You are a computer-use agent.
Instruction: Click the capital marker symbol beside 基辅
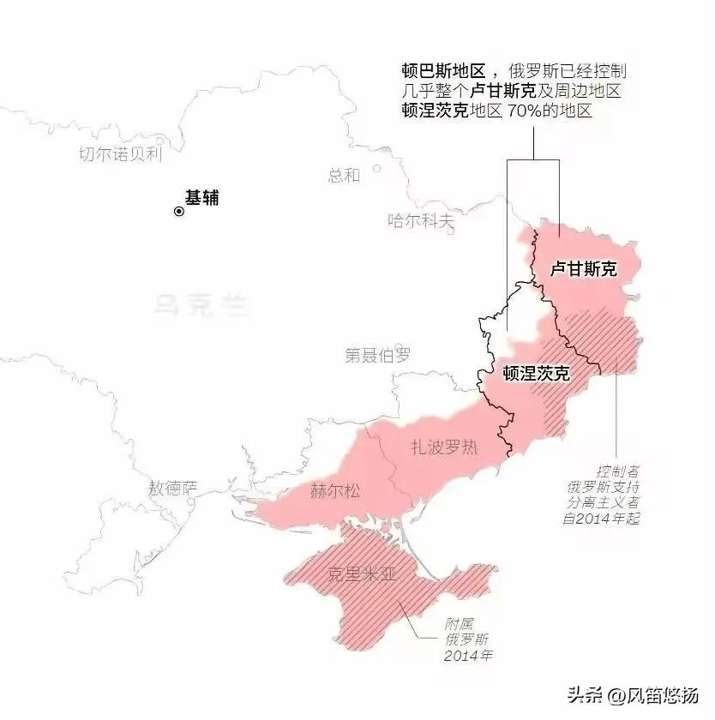[179, 211]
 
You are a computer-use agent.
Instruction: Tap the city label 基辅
[202, 198]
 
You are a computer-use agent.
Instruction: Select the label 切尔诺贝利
[120, 154]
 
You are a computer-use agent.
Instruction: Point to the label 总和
[344, 176]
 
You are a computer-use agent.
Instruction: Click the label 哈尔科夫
[421, 221]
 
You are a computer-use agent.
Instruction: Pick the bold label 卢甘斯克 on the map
[583, 269]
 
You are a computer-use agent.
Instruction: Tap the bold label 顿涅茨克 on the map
[537, 374]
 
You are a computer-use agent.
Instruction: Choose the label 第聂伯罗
[378, 355]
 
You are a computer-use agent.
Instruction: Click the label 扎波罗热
[444, 447]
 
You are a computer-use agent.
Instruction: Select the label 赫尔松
[335, 491]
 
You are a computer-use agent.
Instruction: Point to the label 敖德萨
[172, 489]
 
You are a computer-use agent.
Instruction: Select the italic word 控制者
[618, 472]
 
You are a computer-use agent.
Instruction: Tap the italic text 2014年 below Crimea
[468, 656]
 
